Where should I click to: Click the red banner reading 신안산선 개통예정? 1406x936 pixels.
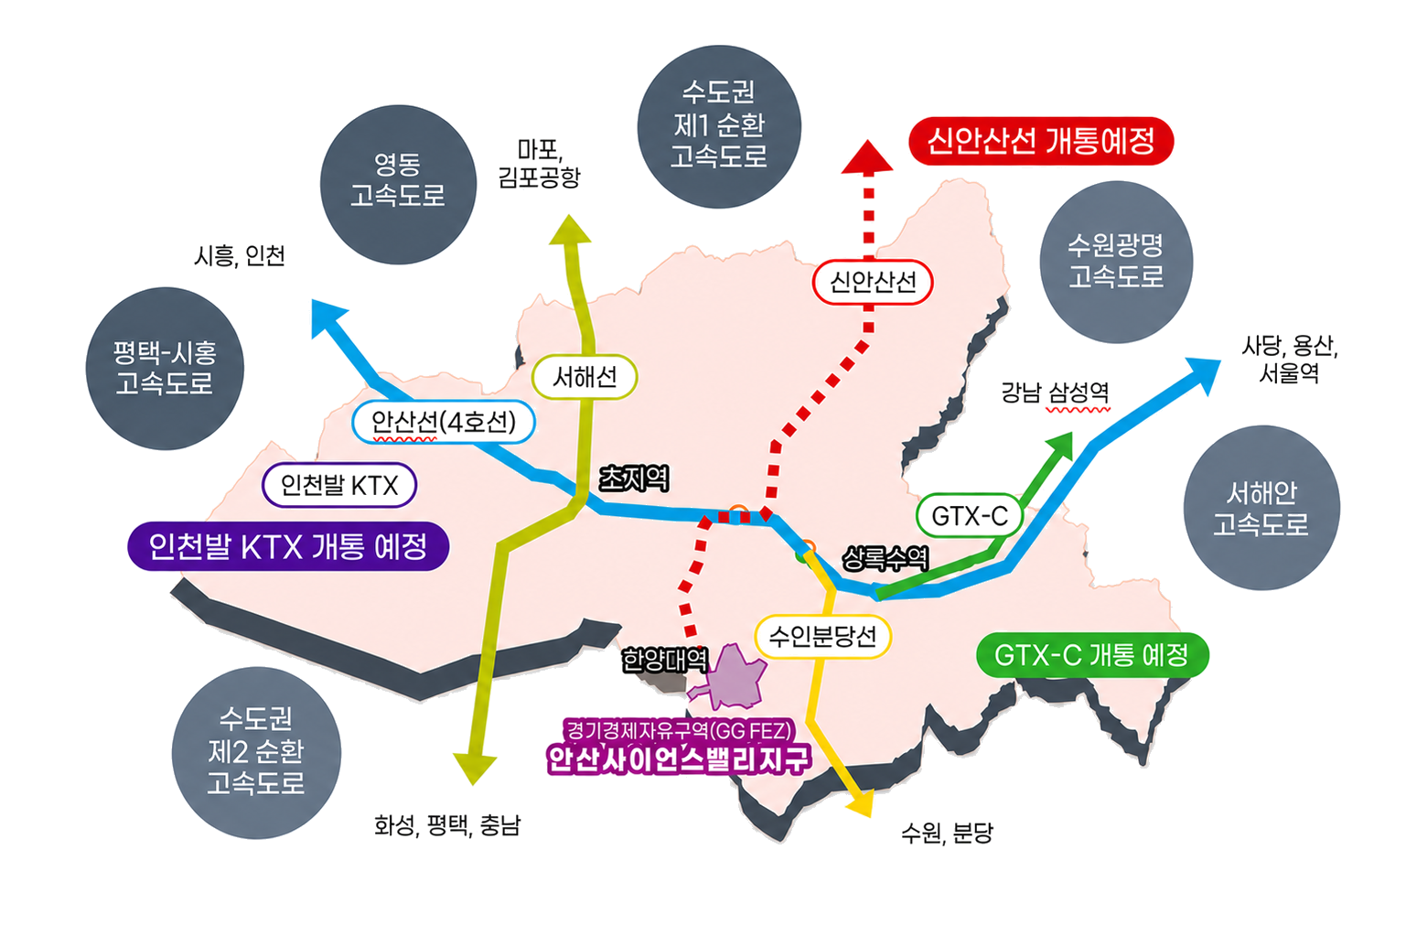1041,141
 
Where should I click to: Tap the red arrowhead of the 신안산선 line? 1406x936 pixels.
867,156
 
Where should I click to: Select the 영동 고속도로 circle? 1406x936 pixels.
398,185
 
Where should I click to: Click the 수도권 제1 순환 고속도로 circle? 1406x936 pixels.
719,126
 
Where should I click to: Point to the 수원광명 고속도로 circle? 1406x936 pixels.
1116,262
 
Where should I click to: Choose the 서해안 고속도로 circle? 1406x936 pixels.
1261,508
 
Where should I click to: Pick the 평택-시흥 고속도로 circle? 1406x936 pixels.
165,369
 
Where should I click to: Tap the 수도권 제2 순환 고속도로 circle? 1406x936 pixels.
256,753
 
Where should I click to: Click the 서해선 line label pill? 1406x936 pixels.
585,377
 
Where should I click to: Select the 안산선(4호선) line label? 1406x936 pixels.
444,422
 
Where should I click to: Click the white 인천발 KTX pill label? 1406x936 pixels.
339,485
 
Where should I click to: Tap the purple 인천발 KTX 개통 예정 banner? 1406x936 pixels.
288,546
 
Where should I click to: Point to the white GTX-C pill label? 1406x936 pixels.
970,516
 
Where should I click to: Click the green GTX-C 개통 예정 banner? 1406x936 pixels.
1092,655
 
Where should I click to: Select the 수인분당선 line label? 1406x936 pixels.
823,637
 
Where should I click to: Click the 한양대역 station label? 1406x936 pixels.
665,661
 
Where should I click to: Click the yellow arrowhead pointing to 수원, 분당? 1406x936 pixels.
861,805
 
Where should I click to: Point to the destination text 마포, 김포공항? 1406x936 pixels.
540,163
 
